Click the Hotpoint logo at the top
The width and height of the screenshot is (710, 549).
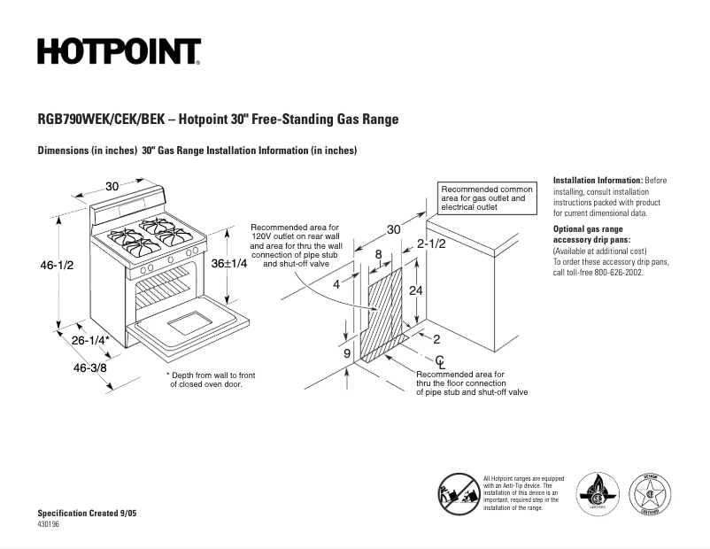pyautogui.click(x=119, y=52)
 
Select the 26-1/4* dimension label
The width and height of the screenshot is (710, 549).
pyautogui.click(x=90, y=340)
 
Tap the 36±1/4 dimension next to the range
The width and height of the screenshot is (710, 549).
pyautogui.click(x=228, y=264)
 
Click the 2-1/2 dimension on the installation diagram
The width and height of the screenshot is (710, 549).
pyautogui.click(x=431, y=244)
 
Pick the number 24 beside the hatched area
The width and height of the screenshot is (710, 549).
pyautogui.click(x=415, y=291)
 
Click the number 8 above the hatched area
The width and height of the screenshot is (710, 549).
pyautogui.click(x=379, y=255)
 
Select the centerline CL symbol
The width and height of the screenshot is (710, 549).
pyautogui.click(x=440, y=361)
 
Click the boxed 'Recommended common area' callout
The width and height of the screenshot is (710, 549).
pyautogui.click(x=487, y=198)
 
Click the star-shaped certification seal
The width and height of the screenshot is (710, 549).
pyautogui.click(x=650, y=493)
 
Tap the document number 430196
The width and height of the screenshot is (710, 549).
pyautogui.click(x=50, y=524)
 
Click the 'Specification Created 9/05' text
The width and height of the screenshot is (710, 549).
pyautogui.click(x=87, y=514)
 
